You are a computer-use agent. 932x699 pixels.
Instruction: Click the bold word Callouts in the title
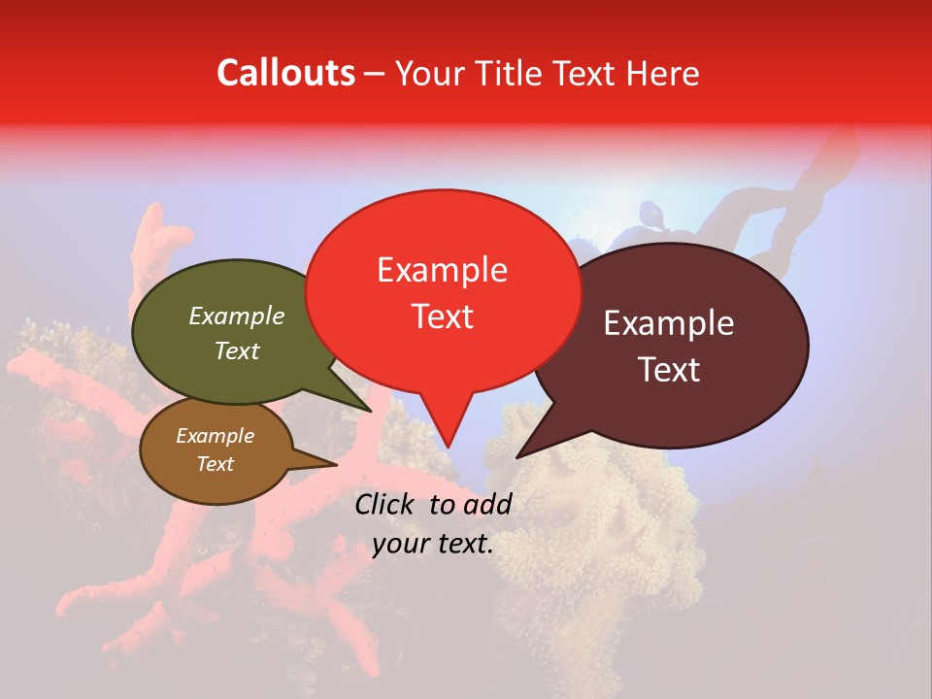pos(285,73)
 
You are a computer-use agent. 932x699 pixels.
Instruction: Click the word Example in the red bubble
pos(442,270)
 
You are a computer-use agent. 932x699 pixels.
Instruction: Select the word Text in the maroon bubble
pos(669,370)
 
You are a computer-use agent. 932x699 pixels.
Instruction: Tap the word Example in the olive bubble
pos(236,316)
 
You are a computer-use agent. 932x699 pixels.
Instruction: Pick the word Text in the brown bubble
pos(215,464)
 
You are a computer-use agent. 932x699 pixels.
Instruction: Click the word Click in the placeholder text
pos(386,504)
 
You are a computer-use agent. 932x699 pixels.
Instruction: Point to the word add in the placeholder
pos(486,504)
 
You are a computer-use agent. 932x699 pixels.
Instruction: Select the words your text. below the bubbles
pos(432,544)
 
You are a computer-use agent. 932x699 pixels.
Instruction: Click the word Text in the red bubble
pos(442,316)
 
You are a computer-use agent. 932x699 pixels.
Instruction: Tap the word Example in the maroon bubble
pos(669,323)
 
